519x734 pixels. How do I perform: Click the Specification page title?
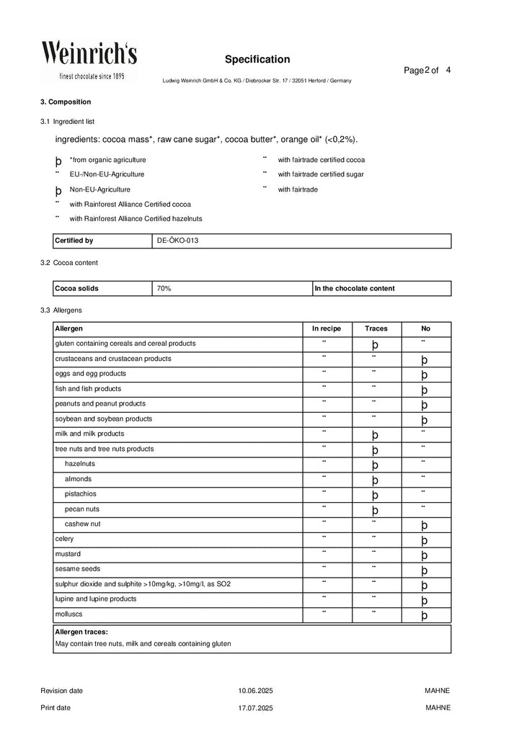point(257,59)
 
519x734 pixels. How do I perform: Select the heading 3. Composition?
point(66,102)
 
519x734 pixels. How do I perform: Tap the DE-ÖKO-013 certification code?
point(177,241)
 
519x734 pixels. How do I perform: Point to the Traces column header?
point(376,328)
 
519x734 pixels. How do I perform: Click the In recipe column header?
point(324,328)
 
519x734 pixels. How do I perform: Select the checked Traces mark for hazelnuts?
point(376,465)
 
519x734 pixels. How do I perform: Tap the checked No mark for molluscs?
point(425,616)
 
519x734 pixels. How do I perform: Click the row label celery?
point(64,539)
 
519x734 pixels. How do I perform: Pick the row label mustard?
point(66,554)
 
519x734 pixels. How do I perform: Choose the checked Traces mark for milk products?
point(376,435)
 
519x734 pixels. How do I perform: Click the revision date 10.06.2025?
point(256,691)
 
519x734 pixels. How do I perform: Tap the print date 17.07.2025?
point(256,708)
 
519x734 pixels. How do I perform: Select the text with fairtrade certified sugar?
point(321,174)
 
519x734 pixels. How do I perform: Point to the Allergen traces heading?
point(81,631)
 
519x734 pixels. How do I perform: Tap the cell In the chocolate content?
point(355,288)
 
